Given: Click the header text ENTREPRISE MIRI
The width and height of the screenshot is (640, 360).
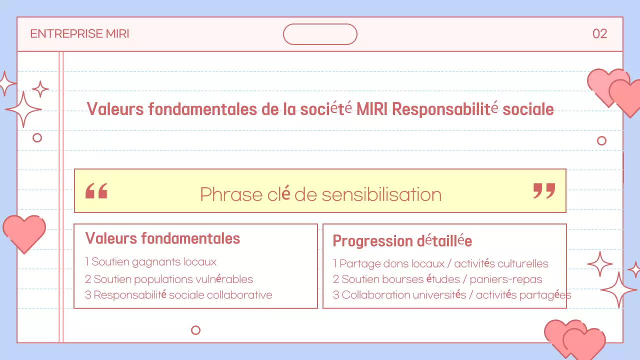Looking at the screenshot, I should click(x=79, y=34).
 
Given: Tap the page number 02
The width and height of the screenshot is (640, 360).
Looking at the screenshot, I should click(x=599, y=34).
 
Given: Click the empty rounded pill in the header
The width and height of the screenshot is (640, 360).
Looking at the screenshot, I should click(x=320, y=34).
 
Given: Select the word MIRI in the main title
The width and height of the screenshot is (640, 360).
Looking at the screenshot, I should click(x=372, y=109).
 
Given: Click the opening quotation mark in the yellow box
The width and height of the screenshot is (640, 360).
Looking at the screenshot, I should click(x=96, y=191).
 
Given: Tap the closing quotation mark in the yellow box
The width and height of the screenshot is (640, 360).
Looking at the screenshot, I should click(x=544, y=191).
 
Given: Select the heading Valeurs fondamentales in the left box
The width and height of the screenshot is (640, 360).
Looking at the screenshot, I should click(x=162, y=238).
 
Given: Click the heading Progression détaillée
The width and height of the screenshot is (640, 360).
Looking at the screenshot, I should click(x=402, y=241).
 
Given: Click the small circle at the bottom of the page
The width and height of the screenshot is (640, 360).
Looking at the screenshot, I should click(x=196, y=330).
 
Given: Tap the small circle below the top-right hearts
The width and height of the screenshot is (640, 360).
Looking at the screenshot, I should click(x=601, y=140).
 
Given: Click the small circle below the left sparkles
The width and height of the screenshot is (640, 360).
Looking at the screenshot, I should click(x=37, y=137).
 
